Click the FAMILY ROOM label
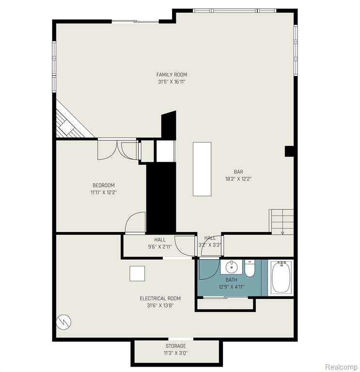pos(172,75)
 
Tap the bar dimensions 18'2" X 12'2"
pos(238,179)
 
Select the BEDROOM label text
pos(104,186)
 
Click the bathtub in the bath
pos(281,277)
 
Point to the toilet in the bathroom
pos(250,268)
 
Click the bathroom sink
pos(232,267)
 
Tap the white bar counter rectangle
pos(202,169)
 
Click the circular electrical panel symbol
pos(63,322)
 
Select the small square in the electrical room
pos(137,274)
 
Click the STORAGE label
pos(175,346)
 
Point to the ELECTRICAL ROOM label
pos(160,298)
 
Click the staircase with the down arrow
pos(281,222)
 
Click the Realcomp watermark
pos(341,367)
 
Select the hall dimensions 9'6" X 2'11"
pos(160,247)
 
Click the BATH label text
pos(232,280)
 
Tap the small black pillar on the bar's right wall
pos(289,151)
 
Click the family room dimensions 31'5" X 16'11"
pos(172,82)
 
